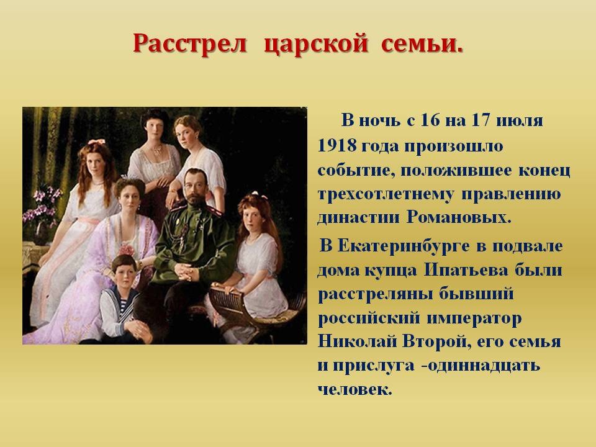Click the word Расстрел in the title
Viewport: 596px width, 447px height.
(x=190, y=43)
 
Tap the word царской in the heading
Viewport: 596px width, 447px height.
(x=316, y=45)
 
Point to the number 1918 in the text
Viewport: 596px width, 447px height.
(x=336, y=145)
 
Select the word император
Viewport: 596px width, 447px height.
(x=474, y=319)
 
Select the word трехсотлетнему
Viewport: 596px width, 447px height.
(x=385, y=194)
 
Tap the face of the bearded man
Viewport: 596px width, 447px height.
(x=196, y=187)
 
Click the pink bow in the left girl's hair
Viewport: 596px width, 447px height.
(x=96, y=142)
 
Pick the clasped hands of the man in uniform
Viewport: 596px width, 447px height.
(x=187, y=271)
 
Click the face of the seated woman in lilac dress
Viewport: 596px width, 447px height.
(x=129, y=199)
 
